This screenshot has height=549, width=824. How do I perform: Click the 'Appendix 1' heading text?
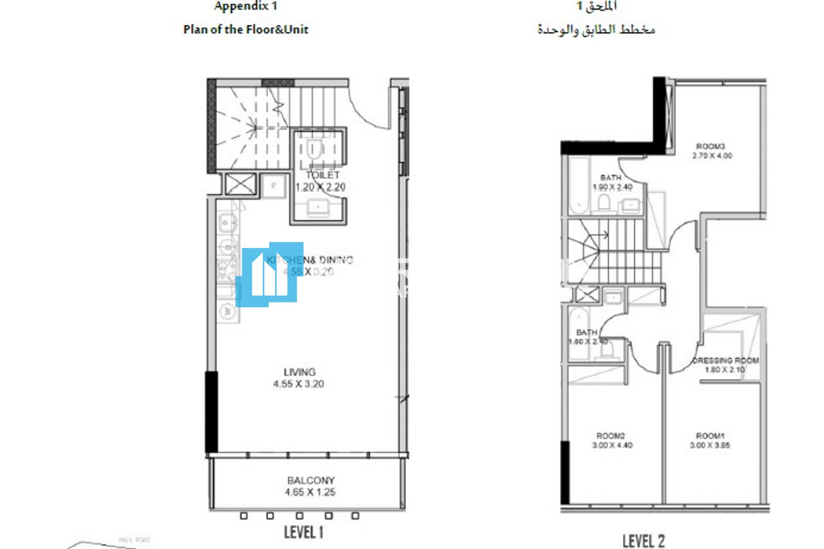point(245,6)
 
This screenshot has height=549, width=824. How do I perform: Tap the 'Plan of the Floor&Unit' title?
point(246,30)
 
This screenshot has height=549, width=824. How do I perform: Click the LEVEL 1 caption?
point(304,532)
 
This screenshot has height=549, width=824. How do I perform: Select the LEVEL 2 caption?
point(643,541)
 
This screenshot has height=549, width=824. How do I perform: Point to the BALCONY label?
point(311,480)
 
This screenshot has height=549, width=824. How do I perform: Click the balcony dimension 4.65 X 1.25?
point(310,492)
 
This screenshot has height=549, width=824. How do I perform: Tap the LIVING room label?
point(299,372)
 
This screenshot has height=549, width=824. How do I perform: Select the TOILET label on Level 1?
point(322,175)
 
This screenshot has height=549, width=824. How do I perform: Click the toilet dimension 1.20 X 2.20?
point(320,187)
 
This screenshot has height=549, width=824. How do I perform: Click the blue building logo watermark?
point(269,274)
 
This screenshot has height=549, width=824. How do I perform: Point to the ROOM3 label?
point(710,146)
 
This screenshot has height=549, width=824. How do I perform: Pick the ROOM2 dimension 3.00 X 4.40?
point(612,445)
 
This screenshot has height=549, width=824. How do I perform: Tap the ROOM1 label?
point(710,436)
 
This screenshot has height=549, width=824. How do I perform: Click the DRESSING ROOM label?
point(726,361)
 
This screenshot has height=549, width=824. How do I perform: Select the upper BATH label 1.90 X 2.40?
point(611,178)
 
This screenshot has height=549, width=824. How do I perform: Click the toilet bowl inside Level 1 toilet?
point(314,150)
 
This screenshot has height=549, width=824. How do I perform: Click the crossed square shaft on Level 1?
point(241,184)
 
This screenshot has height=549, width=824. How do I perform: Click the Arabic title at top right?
point(596,30)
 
